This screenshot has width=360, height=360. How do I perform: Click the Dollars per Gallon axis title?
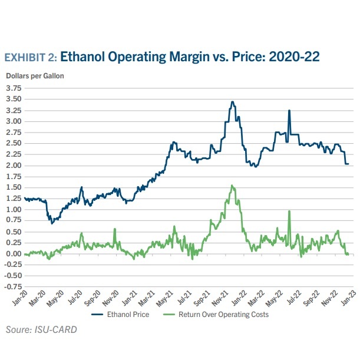point(35,76)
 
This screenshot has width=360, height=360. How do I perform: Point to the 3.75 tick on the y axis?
point(13,88)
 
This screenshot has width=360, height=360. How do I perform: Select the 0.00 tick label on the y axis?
point(13,254)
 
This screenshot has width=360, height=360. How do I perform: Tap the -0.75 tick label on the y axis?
point(12,287)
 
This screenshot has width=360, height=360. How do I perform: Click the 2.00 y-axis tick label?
point(13,166)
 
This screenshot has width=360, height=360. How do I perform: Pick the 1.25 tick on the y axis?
point(13,199)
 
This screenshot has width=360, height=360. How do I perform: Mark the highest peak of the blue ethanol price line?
point(232,102)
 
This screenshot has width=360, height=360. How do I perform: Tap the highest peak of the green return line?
point(232,186)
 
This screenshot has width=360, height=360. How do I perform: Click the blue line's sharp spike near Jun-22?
point(289,110)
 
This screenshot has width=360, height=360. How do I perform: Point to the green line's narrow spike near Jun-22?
point(289,212)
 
